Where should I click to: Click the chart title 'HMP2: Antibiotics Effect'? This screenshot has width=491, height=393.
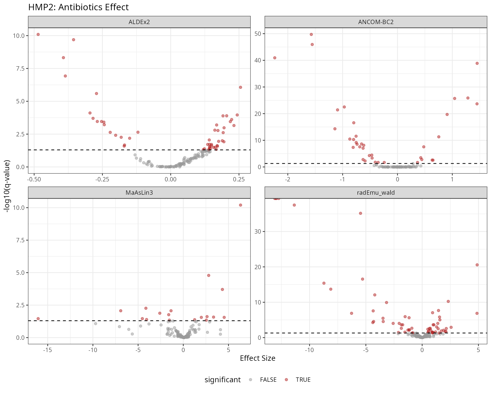(x=78, y=7)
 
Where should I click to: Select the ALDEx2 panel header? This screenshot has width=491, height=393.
(x=139, y=22)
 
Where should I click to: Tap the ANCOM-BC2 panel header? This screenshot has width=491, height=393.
(x=376, y=22)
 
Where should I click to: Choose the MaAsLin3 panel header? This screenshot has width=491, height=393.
(x=139, y=193)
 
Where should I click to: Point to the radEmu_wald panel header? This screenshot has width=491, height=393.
(x=376, y=193)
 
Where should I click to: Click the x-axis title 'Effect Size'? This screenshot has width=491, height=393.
(x=258, y=358)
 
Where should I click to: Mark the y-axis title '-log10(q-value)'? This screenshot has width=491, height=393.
(x=7, y=186)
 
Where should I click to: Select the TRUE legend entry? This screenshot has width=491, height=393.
(x=303, y=380)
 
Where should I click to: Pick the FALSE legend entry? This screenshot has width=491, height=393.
(x=268, y=380)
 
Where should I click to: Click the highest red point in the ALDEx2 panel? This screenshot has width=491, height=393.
(x=38, y=35)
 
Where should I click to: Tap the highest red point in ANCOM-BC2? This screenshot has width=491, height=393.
(x=311, y=35)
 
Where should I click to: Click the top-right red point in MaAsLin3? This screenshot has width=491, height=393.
(x=240, y=205)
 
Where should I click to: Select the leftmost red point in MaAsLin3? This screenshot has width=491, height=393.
(x=38, y=319)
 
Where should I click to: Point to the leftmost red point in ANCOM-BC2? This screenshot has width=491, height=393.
(x=275, y=58)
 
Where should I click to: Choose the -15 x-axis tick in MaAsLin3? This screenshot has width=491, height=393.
(x=48, y=350)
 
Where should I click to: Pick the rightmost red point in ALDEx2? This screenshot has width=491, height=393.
(x=240, y=87)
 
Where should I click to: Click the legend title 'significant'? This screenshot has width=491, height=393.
(x=222, y=380)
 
